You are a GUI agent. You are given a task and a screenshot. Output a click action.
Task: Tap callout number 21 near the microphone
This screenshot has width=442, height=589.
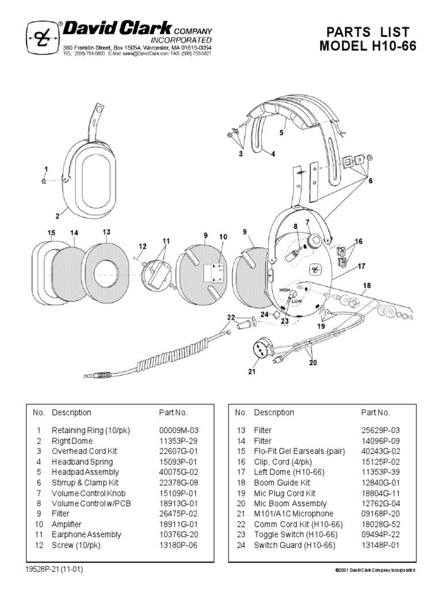tap(251, 372)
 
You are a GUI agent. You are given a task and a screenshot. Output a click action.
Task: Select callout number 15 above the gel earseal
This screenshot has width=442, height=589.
tap(51, 232)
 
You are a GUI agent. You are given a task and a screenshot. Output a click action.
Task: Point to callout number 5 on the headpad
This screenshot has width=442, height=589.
tap(282, 132)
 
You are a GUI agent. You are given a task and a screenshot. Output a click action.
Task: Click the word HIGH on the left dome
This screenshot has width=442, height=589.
tap(284, 290)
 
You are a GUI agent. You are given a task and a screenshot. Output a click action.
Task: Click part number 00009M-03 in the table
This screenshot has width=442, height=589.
tap(178, 430)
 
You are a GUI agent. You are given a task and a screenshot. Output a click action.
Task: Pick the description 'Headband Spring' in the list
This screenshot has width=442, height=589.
tap(82, 461)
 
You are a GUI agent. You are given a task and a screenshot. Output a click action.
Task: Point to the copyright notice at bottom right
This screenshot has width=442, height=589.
tap(375, 569)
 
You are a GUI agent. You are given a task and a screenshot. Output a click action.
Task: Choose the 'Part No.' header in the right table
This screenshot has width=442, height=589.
tap(375, 412)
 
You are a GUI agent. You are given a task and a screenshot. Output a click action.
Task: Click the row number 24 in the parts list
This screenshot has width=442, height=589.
tap(241, 545)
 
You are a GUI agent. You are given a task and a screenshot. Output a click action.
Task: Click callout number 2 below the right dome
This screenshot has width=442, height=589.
tap(58, 216)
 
